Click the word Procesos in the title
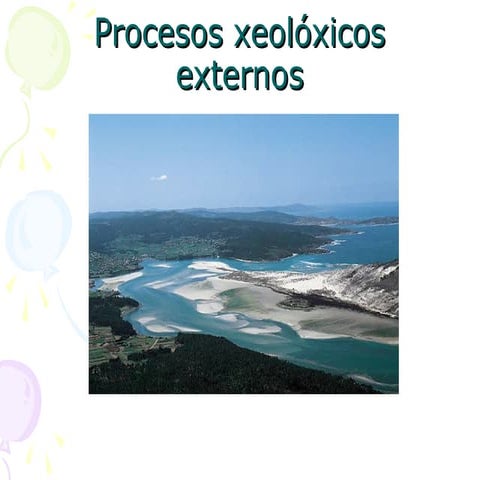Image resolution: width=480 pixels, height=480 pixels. (159, 34)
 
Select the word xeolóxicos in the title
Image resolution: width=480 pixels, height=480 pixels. (309, 34)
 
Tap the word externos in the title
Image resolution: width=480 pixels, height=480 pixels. (240, 75)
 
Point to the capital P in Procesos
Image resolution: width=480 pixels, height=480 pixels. (105, 34)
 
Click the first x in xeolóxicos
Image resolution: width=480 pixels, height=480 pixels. (242, 36)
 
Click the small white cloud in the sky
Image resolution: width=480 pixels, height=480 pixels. (159, 178)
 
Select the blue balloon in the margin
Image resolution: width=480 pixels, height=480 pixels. (38, 230)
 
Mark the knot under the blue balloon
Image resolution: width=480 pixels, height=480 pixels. (46, 272)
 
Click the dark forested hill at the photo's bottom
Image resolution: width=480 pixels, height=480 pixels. (240, 370)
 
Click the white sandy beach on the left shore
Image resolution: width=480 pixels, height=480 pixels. (120, 279)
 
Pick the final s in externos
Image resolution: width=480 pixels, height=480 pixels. (297, 77)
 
